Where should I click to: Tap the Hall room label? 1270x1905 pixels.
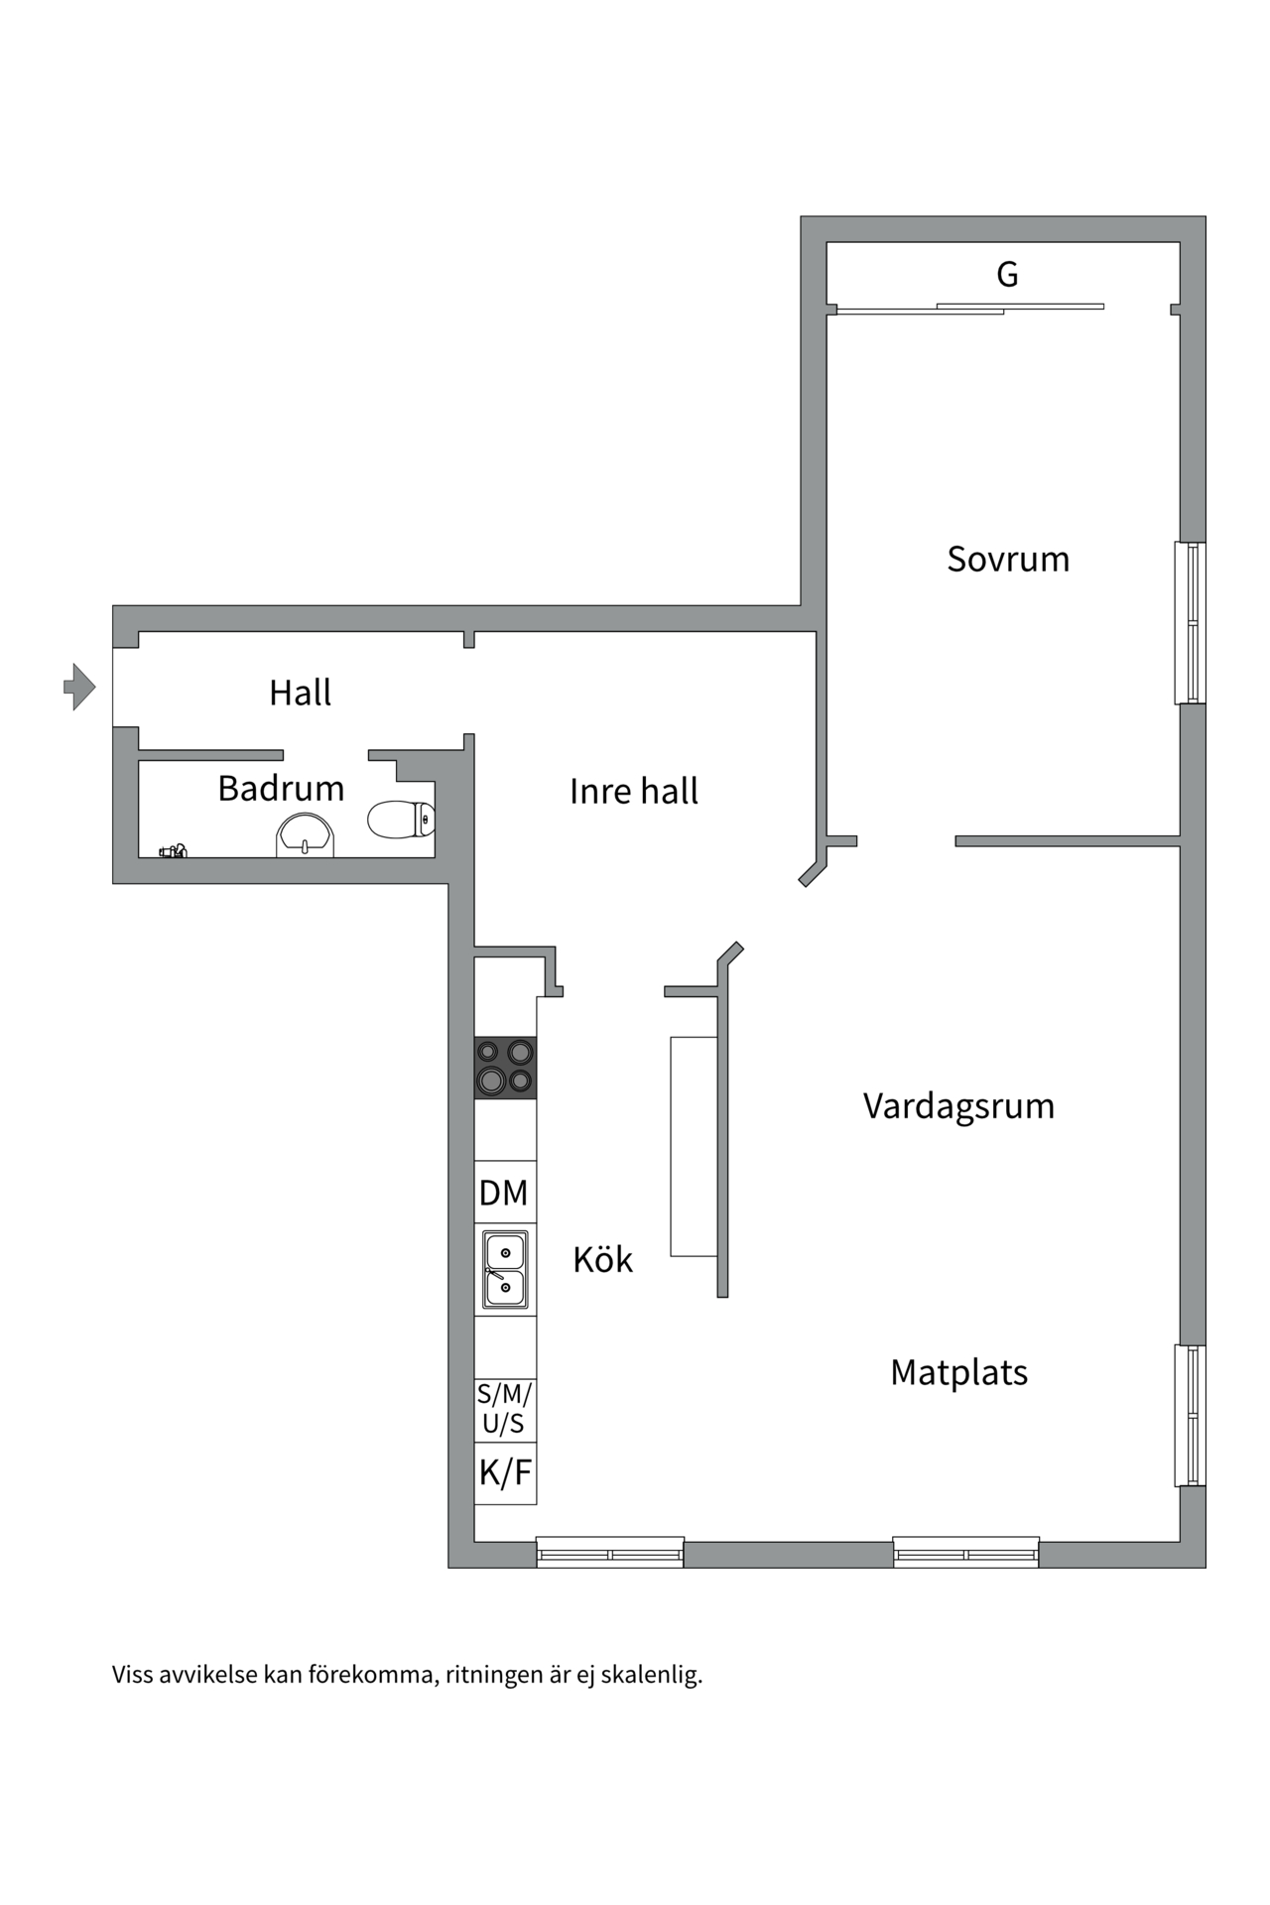300,693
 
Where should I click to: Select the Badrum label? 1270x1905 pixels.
281,789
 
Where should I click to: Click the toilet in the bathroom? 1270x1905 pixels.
401,820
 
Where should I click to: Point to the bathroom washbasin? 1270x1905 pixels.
305,834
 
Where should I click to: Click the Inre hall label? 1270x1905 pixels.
633,792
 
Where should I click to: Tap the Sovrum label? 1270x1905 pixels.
1008,560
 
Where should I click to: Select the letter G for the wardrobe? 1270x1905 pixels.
1007,275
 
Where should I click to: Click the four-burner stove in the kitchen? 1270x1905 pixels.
505,1068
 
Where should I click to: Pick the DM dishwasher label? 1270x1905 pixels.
504,1193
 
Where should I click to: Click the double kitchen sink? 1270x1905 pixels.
505,1270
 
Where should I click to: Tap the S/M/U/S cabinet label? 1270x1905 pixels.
504,1409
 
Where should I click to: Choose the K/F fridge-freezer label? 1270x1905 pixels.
505,1473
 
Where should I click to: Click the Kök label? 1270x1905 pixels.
602,1260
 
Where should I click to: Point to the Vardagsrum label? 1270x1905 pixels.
958,1106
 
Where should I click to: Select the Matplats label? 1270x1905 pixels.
958,1373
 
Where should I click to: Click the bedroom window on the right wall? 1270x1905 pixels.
1191,623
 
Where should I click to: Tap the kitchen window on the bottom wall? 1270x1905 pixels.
610,1553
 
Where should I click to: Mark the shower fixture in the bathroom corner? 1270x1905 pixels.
174,850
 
